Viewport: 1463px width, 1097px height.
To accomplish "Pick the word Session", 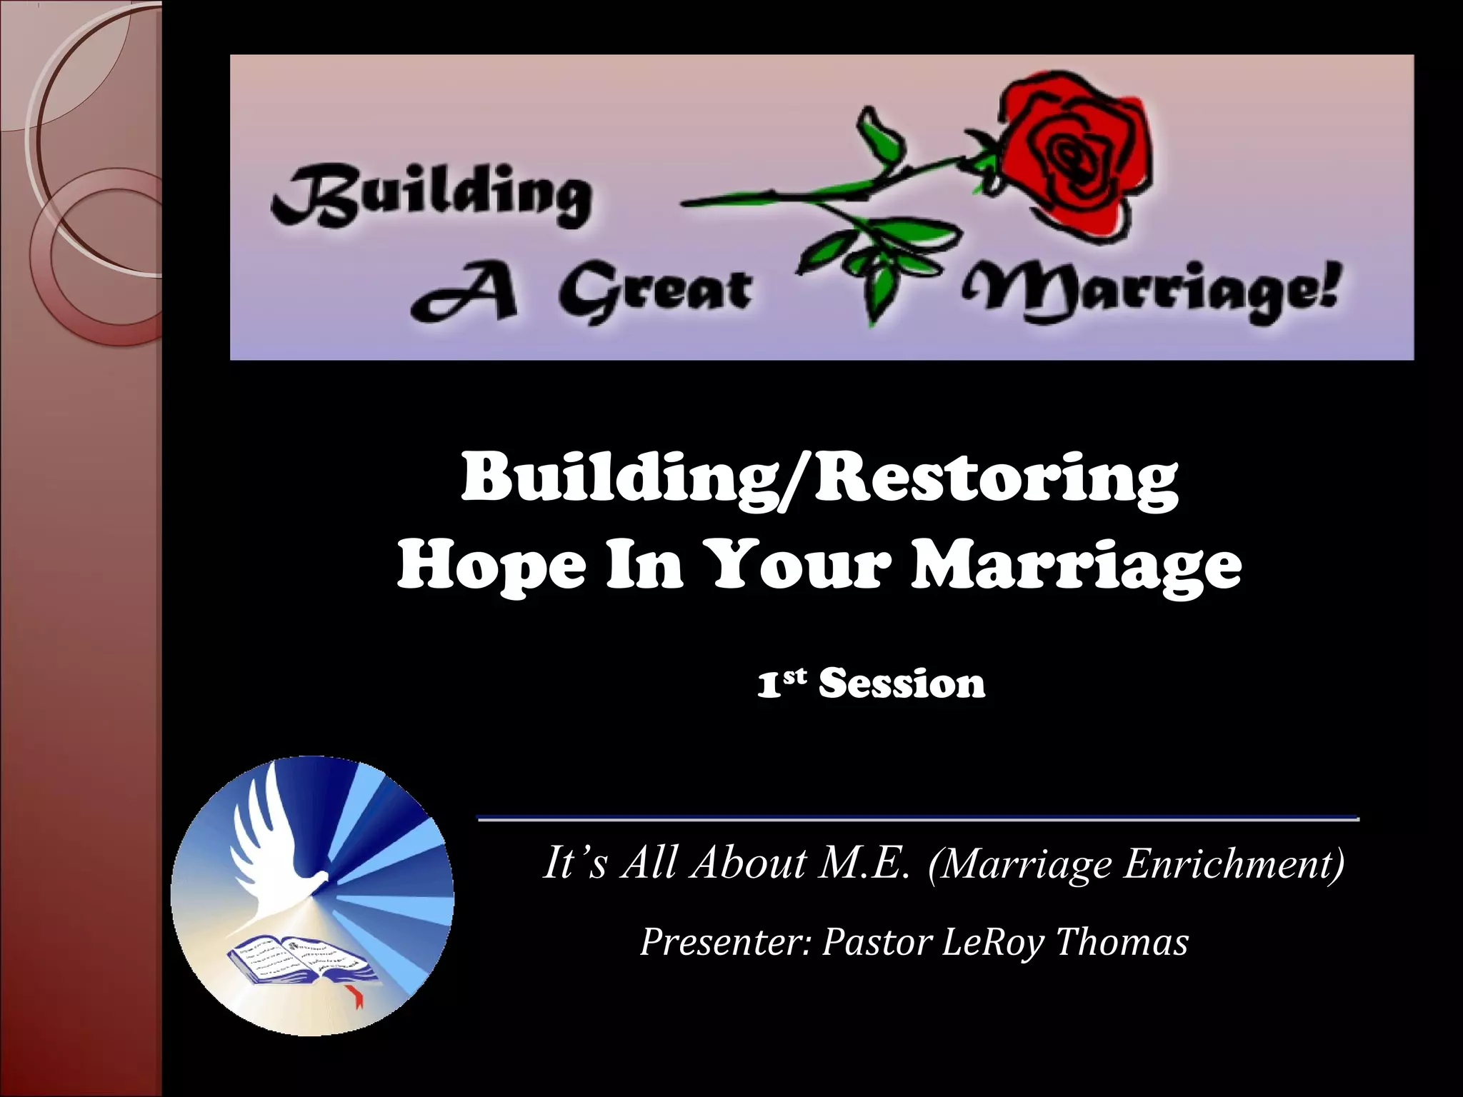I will click(x=902, y=683).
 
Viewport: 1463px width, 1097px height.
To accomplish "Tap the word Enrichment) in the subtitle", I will click(x=1234, y=863).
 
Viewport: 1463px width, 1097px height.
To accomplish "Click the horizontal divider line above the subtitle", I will click(x=918, y=818).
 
